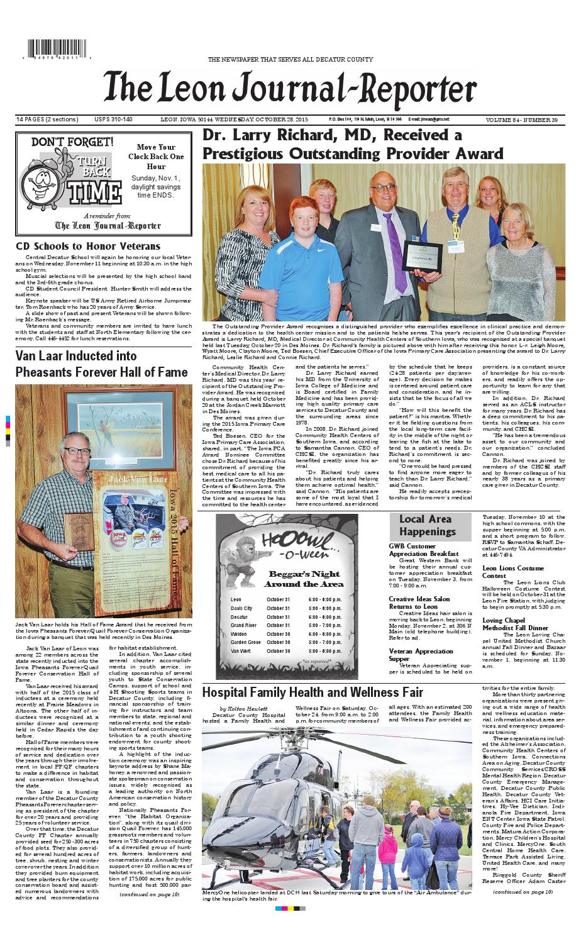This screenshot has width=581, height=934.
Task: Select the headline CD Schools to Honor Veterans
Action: pyautogui.click(x=88, y=246)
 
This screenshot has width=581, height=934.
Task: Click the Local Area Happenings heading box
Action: pyautogui.click(x=427, y=525)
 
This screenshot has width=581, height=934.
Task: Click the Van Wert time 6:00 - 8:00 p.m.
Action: pyautogui.click(x=325, y=650)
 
